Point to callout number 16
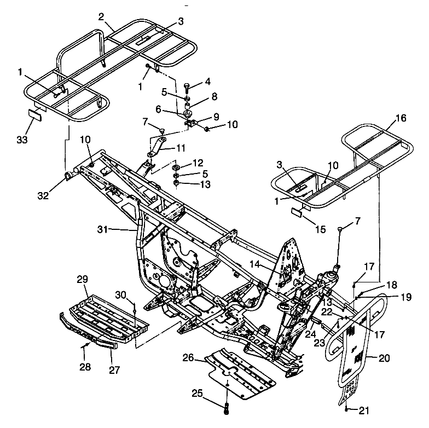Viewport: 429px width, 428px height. (x=401, y=118)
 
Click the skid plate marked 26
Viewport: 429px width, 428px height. (x=241, y=372)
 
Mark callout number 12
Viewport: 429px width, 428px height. (x=198, y=163)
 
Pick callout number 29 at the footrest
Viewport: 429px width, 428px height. (x=82, y=280)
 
